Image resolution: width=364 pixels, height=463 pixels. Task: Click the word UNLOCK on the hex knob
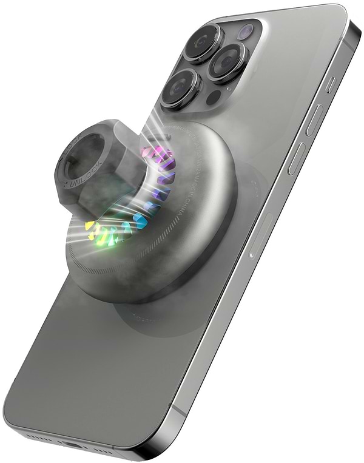click(81, 178)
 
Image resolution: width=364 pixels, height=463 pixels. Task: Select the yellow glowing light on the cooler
click(91, 227)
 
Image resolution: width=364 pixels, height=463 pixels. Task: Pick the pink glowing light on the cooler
click(149, 152)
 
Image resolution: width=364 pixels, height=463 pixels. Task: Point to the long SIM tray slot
click(261, 233)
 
